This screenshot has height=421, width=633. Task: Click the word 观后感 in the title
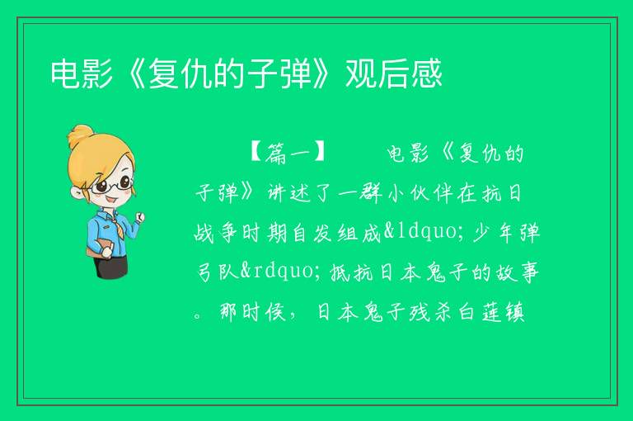394,73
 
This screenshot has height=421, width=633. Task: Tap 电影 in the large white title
82,73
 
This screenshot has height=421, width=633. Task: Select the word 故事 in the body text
516,272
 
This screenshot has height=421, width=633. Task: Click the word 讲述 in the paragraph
289,193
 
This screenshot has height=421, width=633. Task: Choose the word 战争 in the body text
217,233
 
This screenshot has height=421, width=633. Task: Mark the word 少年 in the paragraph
494,233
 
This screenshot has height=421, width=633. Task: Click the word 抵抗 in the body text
352,272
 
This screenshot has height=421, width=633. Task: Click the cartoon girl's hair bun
80,136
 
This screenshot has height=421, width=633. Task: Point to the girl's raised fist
139,218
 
